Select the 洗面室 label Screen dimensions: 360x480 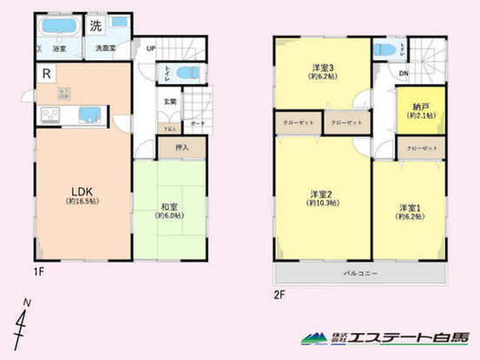pos(105,49)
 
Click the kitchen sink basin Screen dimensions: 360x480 pos(88,115)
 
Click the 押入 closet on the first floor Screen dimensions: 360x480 pos(183,148)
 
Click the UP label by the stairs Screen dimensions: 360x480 pos(151,49)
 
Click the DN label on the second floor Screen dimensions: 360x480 pos(404,74)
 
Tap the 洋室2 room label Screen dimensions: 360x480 pos(321,194)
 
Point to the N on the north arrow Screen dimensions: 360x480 pos(26,301)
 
